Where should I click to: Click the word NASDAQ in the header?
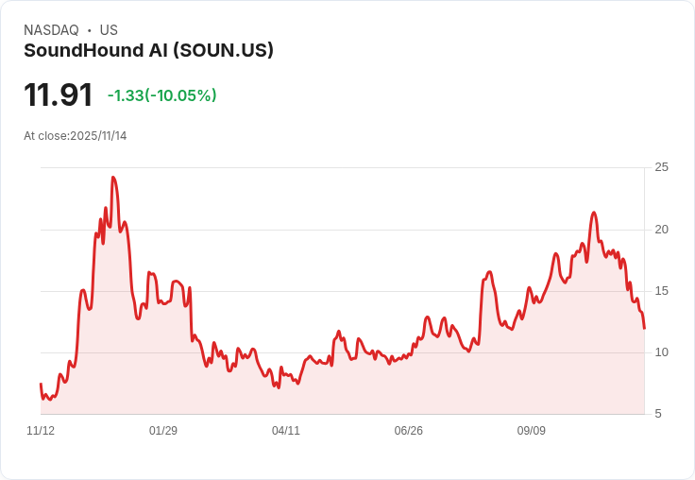[51, 30]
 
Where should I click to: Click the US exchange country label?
[109, 30]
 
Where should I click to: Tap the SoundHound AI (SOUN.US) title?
[148, 50]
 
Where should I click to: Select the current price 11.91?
[58, 95]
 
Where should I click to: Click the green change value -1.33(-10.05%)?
[161, 95]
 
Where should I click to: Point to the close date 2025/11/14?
[98, 136]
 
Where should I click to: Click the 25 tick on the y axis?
[662, 167]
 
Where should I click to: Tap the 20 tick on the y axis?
[662, 230]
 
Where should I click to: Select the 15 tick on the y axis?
[662, 291]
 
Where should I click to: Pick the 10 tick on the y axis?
[662, 352]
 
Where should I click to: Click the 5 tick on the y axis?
[659, 414]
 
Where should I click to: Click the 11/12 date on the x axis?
[41, 431]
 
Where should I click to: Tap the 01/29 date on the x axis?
[163, 431]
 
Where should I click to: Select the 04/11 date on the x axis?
[286, 431]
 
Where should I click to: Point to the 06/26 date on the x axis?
[409, 431]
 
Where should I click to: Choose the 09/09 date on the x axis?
[532, 431]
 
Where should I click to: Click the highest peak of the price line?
[113, 178]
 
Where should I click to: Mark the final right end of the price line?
[644, 328]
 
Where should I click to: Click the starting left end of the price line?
[41, 384]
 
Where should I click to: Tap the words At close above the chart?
[45, 136]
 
